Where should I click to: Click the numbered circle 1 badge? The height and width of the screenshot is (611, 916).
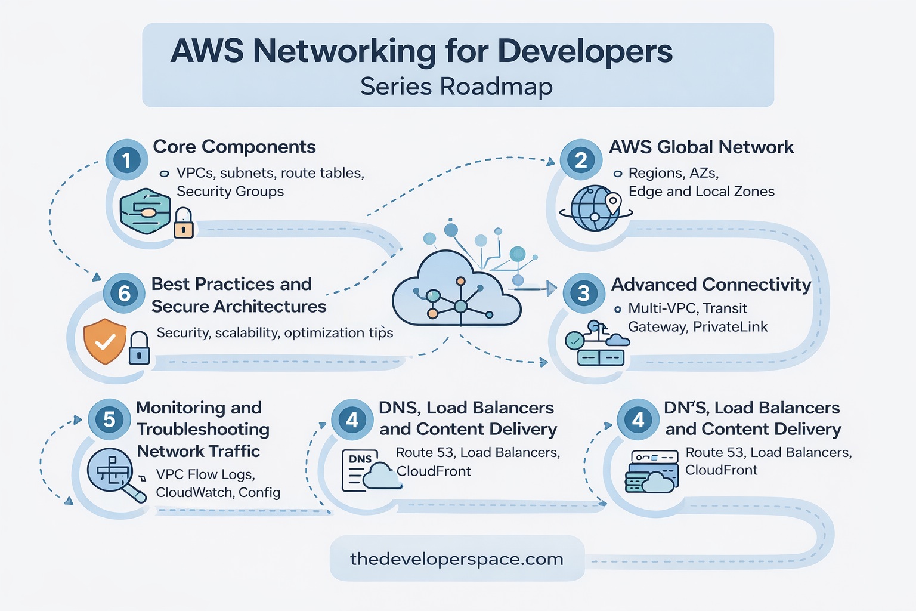click(126, 160)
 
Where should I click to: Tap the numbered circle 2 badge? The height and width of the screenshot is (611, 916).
click(581, 160)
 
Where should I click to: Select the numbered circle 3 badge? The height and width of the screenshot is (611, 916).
click(583, 293)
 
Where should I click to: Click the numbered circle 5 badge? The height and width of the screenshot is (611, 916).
click(109, 419)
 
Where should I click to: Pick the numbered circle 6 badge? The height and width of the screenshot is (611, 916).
click(124, 293)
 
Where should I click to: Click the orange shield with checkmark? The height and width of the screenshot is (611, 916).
click(105, 341)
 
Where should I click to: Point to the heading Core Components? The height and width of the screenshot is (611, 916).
click(234, 147)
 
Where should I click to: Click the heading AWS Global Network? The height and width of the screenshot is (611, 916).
click(701, 147)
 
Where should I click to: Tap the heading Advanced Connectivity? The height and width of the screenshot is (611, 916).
click(711, 284)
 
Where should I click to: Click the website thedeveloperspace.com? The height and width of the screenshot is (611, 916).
click(456, 559)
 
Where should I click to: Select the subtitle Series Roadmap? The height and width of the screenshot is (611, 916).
click(456, 87)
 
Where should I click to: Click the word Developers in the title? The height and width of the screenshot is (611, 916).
click(584, 51)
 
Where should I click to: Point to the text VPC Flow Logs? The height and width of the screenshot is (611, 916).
click(205, 474)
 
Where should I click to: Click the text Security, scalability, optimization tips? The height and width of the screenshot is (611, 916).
click(274, 332)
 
